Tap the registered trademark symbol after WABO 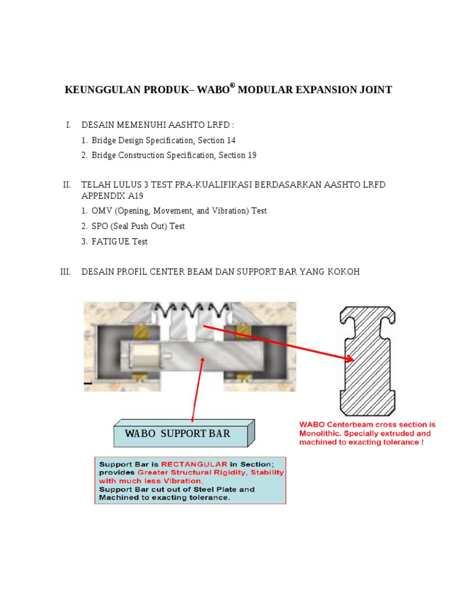tap(233, 87)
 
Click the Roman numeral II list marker tap(67, 185)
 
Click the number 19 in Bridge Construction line tap(251, 155)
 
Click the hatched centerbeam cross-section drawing tap(367, 360)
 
